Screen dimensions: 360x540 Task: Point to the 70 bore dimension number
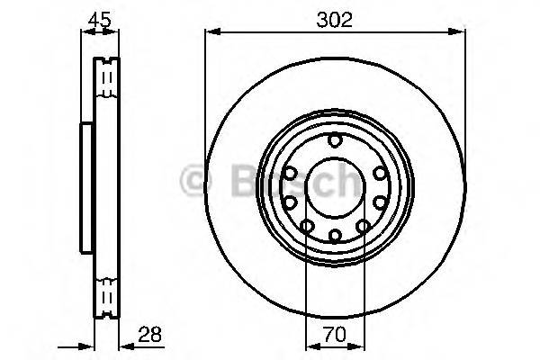(x=336, y=332)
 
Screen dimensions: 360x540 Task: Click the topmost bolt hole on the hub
(x=336, y=140)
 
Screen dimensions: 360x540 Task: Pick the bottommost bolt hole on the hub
(x=336, y=236)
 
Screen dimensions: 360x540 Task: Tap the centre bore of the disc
(x=336, y=188)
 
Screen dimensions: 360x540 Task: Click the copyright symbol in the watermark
(x=195, y=181)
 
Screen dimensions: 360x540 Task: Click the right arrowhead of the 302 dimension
(x=462, y=33)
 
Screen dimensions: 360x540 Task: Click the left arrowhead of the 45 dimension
(x=85, y=33)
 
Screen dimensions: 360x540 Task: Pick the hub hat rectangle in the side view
(x=87, y=186)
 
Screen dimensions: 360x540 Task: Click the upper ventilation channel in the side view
(x=108, y=79)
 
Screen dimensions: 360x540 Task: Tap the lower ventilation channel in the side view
(x=108, y=294)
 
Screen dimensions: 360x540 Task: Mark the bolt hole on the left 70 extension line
(x=307, y=225)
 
